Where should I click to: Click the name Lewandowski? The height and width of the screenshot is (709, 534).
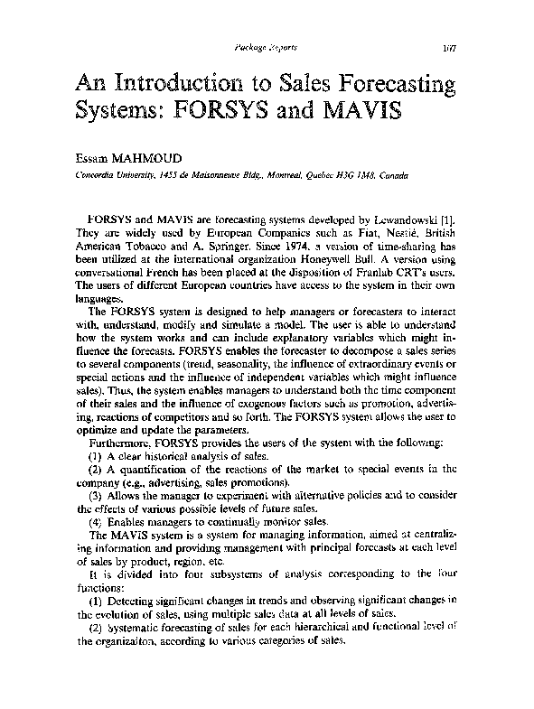point(404,219)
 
